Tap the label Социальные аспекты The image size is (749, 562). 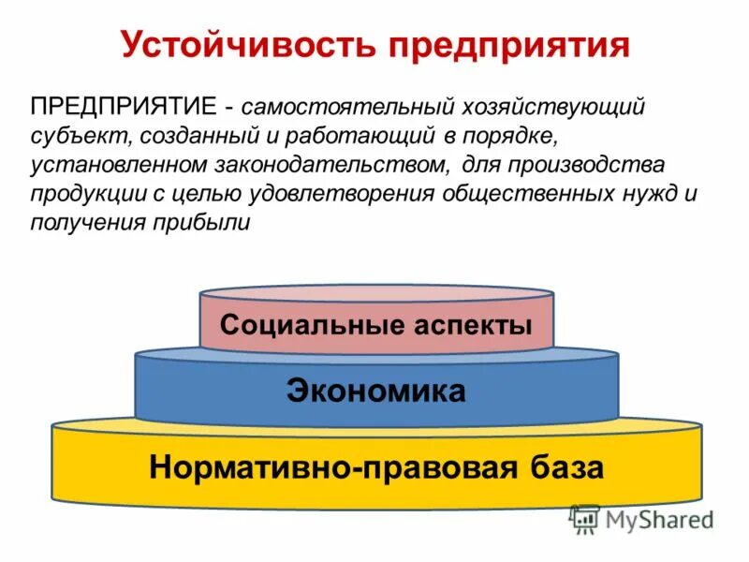[x=375, y=326]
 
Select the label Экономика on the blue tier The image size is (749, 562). [x=375, y=391]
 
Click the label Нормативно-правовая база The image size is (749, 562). [x=375, y=466]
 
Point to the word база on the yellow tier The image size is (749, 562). [x=565, y=466]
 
